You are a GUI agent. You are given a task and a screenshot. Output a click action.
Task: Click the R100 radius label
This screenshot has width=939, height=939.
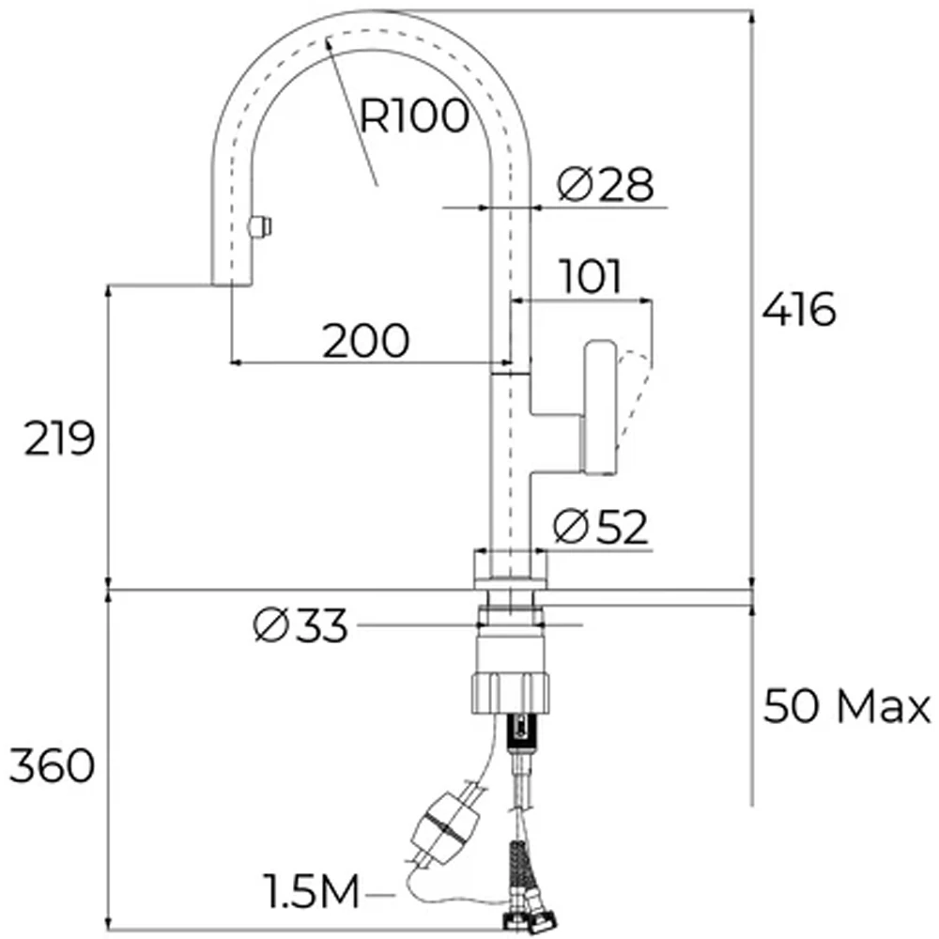[413, 116]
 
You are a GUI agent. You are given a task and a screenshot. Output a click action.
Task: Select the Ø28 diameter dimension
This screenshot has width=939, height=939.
[604, 184]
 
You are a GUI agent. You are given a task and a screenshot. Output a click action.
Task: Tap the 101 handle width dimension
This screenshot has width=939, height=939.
[591, 277]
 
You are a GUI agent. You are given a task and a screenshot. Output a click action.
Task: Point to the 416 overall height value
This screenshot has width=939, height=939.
[798, 310]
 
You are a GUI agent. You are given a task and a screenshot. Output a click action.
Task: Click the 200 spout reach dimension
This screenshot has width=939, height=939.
[366, 341]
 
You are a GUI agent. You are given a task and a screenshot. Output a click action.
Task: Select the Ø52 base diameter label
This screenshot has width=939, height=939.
[601, 528]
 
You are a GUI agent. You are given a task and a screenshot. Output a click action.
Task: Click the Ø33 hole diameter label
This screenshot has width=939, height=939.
[300, 626]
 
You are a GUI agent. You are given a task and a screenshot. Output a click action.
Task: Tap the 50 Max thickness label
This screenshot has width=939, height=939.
[846, 706]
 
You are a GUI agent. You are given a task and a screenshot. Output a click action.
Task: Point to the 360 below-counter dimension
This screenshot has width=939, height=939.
[53, 767]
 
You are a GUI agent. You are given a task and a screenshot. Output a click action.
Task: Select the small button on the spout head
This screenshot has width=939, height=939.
[259, 226]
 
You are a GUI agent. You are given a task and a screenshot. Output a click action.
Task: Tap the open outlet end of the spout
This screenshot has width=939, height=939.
[231, 282]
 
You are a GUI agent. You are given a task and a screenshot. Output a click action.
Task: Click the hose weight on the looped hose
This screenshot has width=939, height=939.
[447, 826]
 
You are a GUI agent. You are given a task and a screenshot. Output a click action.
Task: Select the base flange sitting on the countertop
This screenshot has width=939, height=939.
[509, 569]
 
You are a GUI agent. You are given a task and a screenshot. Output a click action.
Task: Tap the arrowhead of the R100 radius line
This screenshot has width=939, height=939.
[329, 40]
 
